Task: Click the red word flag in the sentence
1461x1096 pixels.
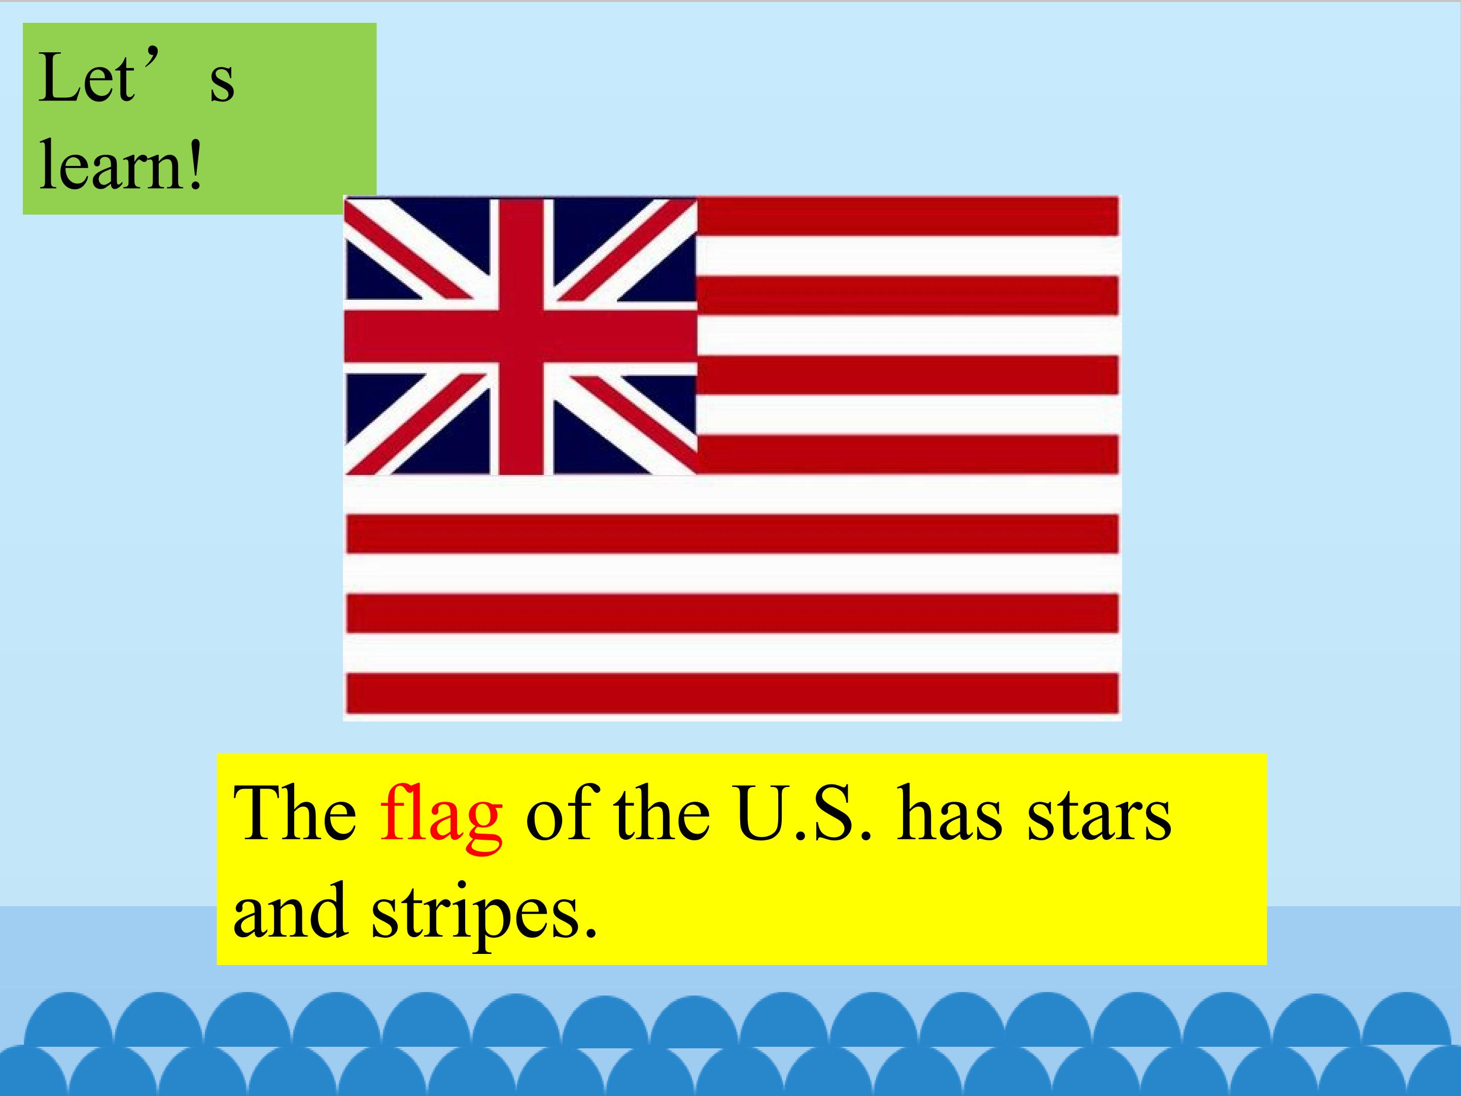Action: (x=440, y=816)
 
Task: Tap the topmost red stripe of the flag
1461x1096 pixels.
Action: (x=908, y=217)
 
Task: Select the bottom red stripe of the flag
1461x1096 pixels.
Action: (x=732, y=694)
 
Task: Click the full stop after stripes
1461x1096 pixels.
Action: (x=590, y=932)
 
